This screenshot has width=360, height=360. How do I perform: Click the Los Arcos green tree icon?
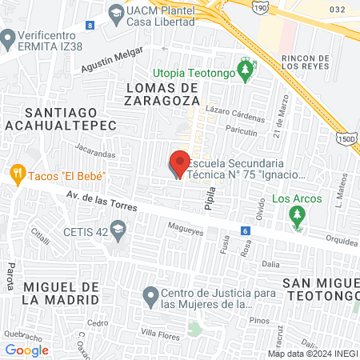(x=298, y=214)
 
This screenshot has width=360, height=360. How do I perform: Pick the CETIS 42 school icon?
(x=118, y=233)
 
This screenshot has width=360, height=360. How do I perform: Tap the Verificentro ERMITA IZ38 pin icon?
(x=9, y=38)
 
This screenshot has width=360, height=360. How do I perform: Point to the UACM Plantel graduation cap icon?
(x=116, y=13)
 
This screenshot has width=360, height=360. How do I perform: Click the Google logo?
(x=26, y=350)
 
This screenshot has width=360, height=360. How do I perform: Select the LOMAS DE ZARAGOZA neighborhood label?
(x=161, y=93)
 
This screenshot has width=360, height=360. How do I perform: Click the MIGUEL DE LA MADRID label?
(x=61, y=292)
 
